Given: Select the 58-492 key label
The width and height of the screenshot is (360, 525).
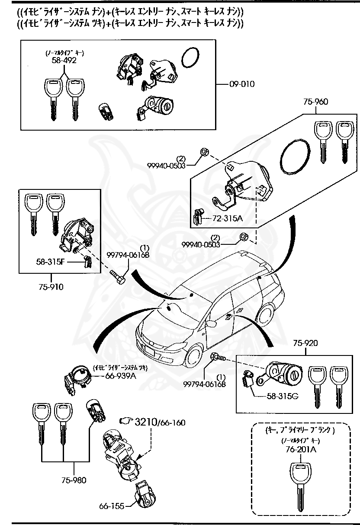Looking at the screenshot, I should [64, 61].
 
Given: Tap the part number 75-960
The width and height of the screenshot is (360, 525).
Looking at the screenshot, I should [315, 102].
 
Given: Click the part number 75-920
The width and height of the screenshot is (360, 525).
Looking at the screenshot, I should [305, 343].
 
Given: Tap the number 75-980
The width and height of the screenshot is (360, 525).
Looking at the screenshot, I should [74, 480].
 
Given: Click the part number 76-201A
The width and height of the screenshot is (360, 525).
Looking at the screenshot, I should [301, 450].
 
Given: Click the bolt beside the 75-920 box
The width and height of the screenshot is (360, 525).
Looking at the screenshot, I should [217, 357].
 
